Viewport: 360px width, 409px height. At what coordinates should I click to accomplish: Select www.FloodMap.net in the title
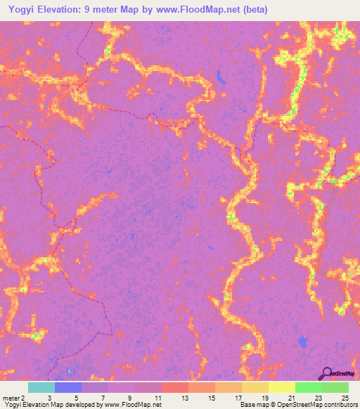point(199,10)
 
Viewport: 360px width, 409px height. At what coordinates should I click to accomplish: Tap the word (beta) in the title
point(254,10)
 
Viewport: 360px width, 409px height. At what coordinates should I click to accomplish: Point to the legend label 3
point(49,397)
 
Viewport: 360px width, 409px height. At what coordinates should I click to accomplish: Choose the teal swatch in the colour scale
point(41,387)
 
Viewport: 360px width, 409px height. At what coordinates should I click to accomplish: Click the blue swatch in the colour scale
point(68,387)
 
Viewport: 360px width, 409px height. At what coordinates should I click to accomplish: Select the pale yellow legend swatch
point(281,387)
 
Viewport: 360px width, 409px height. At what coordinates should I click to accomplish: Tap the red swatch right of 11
point(175,387)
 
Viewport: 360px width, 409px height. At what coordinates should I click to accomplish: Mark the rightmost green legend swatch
point(335,387)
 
